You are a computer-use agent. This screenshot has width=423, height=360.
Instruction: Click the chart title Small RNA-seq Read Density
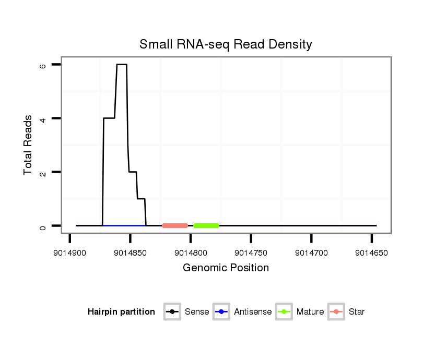pos(226,44)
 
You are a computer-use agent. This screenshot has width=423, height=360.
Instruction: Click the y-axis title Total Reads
pos(28,145)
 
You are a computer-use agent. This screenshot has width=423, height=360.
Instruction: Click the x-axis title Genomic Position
pos(226,268)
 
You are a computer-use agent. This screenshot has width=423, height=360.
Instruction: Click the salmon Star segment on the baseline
pos(175,225)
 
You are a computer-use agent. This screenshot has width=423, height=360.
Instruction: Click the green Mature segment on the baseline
pos(206,225)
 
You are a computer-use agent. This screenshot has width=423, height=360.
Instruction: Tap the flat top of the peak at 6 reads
pos(122,65)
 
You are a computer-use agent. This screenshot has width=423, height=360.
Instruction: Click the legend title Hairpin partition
pos(121,312)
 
